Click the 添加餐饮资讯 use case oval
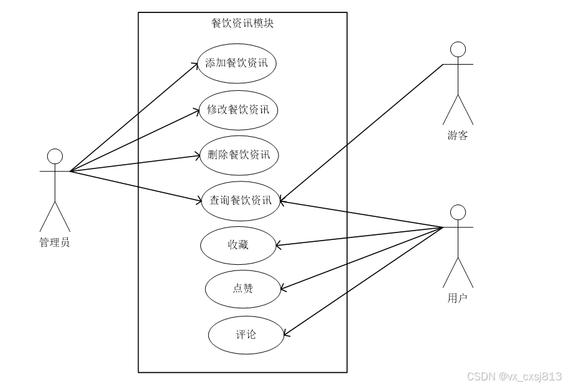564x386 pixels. (236, 63)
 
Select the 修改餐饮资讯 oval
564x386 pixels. (238, 110)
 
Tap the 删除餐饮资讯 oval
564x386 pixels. (239, 155)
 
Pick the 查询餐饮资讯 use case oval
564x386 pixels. (241, 200)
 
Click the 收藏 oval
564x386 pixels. (238, 245)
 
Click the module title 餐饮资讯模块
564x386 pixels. (243, 24)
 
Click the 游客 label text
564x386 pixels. (458, 136)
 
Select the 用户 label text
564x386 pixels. (458, 299)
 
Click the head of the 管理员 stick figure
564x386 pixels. (55, 156)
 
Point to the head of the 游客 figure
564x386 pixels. (458, 49)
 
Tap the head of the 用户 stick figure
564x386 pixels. (458, 212)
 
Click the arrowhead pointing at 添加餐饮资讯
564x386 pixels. (195, 63)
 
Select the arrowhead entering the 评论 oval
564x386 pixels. (286, 336)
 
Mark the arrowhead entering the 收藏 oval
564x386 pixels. (278, 244)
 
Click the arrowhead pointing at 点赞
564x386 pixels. (282, 288)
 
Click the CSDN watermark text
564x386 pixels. (514, 376)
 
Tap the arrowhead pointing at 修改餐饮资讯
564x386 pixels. (196, 111)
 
